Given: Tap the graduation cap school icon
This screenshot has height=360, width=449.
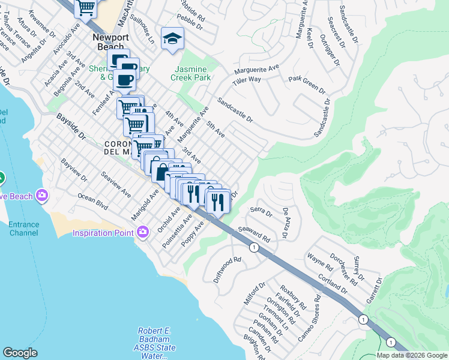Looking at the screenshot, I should [x=172, y=39].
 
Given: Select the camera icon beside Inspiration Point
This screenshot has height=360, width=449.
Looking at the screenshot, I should [x=142, y=232].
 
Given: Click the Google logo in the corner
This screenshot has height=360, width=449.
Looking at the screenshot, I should [x=20, y=353].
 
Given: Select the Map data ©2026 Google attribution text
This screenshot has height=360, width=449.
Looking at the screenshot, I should [x=412, y=355].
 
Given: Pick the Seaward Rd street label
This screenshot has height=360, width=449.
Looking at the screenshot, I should [x=254, y=234].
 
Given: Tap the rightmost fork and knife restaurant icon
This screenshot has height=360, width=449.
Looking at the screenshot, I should [x=218, y=200].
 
